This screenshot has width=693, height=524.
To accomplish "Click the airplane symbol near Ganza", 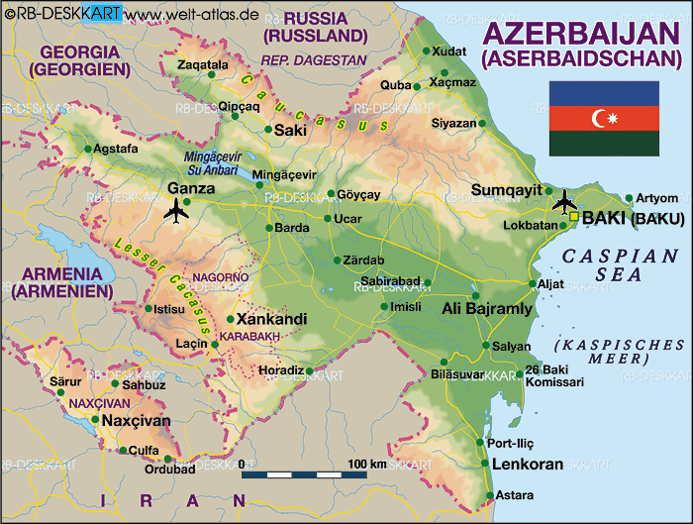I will [178, 210].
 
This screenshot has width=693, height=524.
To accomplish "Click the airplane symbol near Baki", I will [565, 200].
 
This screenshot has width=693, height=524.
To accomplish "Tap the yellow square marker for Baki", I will [573, 216].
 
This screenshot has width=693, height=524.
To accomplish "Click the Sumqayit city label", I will [506, 189].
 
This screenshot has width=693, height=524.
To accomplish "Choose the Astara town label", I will [515, 494].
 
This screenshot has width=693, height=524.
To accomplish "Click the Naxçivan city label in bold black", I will [136, 421].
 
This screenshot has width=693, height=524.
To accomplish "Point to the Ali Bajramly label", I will [486, 309].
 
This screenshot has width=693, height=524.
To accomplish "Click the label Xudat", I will [449, 51].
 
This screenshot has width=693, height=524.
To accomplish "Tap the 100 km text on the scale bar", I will [365, 463].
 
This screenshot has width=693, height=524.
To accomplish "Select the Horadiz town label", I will [280, 370].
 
